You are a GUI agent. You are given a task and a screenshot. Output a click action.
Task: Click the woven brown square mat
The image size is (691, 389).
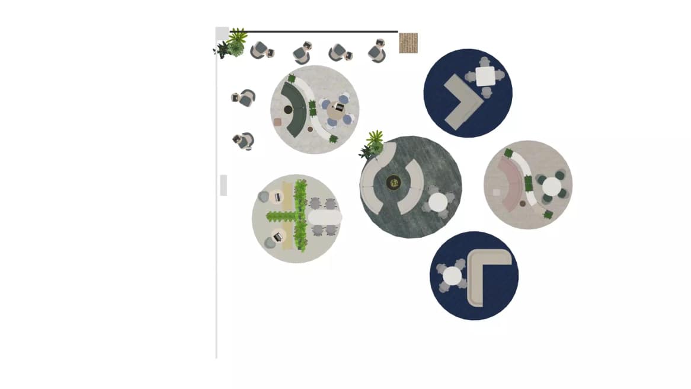point(408,43)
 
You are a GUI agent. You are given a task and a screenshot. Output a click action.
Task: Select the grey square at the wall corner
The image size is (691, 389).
point(222,33)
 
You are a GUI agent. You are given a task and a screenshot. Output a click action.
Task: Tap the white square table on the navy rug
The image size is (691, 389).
point(485,76)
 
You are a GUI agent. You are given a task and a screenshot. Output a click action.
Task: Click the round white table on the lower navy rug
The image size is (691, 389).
point(452,276)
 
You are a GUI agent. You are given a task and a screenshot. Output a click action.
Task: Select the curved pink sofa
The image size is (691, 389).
point(509,184)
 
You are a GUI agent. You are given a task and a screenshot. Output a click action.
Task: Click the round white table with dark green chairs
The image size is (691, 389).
point(551,187)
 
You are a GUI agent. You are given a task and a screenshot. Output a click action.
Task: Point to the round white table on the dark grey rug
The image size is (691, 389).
point(438,202)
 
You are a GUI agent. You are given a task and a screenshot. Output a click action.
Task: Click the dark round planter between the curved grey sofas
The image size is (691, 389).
point(394,183)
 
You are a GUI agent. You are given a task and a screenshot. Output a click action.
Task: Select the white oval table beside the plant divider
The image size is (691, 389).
point(325,218)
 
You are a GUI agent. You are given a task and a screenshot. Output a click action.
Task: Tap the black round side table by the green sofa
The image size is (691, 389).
point(288,109)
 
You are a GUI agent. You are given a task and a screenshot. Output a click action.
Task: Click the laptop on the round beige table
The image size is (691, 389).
point(338,109)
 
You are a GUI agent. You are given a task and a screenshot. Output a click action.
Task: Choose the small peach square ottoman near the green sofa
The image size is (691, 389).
point(277,122)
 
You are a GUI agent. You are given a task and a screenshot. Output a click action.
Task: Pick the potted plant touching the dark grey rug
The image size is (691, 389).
point(373,145)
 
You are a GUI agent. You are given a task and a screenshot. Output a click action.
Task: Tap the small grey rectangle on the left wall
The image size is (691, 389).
point(223,185)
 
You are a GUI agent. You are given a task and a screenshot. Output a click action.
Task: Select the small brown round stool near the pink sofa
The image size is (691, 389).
point(523,203)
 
